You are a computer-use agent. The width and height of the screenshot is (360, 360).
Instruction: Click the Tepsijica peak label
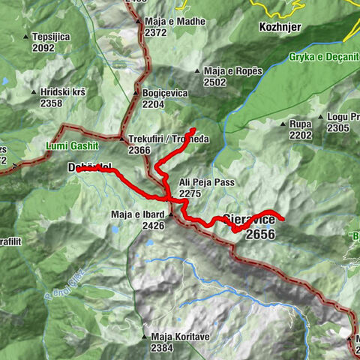pos(53,36)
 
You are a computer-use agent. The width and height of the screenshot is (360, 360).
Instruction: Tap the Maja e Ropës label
pos(231,70)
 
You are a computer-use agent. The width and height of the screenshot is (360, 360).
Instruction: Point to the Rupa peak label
pos(301,124)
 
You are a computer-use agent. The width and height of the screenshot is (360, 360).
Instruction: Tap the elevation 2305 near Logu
pos(338,128)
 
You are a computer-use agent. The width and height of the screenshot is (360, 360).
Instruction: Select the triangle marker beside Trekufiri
pos(121,139)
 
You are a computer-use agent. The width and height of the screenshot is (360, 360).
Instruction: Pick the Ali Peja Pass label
pos(206,182)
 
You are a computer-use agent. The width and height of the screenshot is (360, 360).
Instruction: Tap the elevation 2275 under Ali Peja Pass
pos(190,193)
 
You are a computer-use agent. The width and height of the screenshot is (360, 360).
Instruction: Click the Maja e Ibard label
pos(136,214)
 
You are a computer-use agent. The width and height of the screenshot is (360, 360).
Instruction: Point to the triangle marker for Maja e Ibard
pos(170,214)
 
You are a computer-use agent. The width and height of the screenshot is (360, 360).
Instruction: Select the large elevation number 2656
pos(259,235)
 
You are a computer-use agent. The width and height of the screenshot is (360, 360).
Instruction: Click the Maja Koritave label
pos(179,337)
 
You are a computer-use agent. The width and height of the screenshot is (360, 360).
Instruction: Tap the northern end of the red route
pos(193,130)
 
